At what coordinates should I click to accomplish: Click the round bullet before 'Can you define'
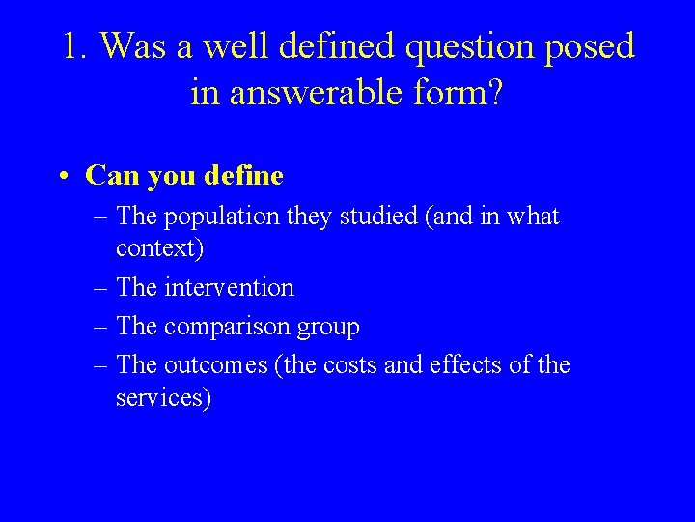(62, 176)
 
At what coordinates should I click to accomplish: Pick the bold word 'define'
(245, 176)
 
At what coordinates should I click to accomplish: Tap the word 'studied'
(373, 217)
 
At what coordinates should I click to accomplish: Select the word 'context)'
(159, 248)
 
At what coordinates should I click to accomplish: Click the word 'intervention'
(229, 287)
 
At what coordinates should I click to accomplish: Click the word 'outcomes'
(214, 365)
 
